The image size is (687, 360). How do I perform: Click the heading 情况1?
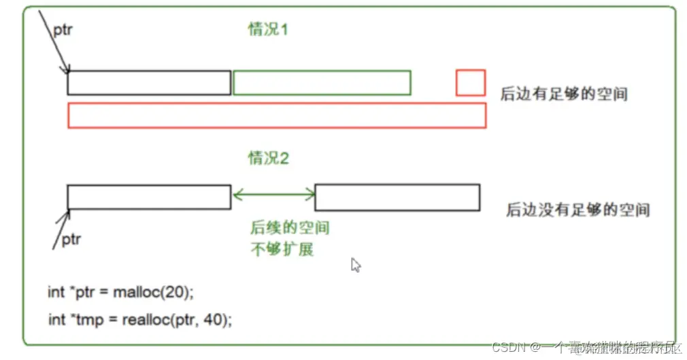click(268, 29)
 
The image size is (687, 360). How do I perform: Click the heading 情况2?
click(268, 159)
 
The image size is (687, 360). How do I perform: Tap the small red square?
click(470, 82)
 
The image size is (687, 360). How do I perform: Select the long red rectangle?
click(277, 116)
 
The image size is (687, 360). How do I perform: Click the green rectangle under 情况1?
click(322, 82)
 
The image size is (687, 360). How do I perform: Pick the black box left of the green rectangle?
click(149, 82)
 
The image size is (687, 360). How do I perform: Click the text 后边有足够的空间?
click(563, 94)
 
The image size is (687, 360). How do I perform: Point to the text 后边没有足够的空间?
click(577, 210)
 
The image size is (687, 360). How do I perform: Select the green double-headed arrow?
click(273, 196)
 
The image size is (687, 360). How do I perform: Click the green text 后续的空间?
click(290, 228)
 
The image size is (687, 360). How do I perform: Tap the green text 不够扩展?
click(282, 249)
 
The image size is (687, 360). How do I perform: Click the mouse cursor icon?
click(355, 265)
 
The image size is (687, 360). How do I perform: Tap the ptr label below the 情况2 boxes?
click(71, 240)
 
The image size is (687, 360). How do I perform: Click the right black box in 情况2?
click(397, 197)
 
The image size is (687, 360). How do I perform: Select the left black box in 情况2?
click(149, 197)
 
